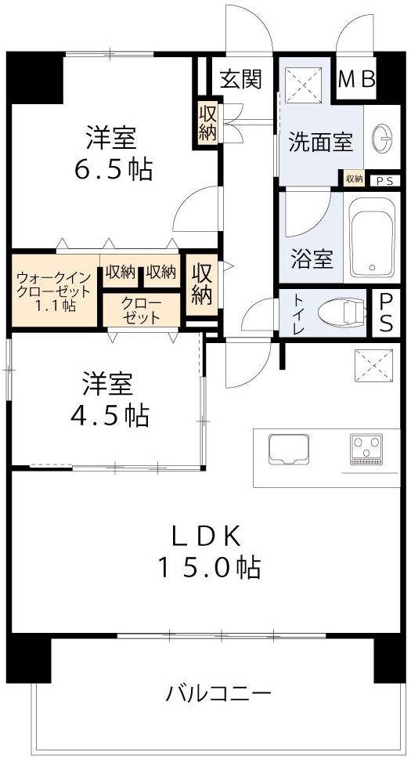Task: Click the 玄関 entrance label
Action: (x=240, y=79)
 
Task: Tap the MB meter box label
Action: (x=357, y=80)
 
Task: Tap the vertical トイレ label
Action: (x=298, y=315)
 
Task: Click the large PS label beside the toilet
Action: (x=386, y=314)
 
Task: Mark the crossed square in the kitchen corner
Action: (x=368, y=364)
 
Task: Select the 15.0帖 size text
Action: (x=206, y=568)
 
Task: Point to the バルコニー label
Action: (x=218, y=693)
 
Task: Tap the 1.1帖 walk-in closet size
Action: (x=56, y=307)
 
